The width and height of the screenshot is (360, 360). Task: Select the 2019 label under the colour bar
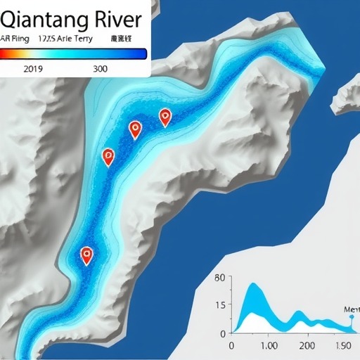[x=34, y=69]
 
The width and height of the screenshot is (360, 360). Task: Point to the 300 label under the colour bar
[x=100, y=69]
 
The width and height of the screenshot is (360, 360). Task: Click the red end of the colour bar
[x=4, y=53]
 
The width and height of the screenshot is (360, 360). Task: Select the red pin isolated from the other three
[x=86, y=255]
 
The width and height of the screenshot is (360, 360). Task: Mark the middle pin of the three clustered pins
[x=136, y=129]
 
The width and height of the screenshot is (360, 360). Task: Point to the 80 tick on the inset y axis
[x=219, y=278]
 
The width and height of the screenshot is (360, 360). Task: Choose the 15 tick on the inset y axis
[x=221, y=306]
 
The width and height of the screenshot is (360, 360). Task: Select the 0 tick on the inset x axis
[x=231, y=346]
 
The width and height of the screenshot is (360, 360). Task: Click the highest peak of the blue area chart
[x=254, y=284]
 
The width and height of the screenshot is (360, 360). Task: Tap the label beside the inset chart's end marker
[x=352, y=309]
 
